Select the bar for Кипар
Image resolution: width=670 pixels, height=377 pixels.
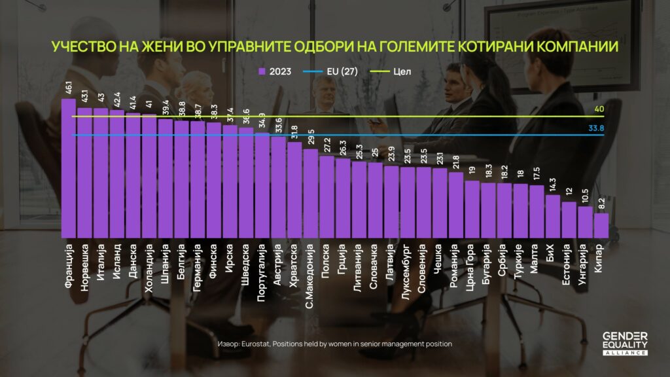[602, 225]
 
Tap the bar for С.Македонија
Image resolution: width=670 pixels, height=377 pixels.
[310, 194]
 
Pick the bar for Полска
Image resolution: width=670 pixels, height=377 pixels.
[326, 197]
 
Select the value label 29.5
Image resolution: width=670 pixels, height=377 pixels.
[310, 139]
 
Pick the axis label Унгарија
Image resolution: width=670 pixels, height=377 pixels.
[586, 265]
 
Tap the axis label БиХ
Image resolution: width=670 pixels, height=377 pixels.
[554, 253]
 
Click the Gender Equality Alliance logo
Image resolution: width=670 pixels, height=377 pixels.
[625, 343]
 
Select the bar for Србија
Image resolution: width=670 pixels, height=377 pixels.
[505, 210]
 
